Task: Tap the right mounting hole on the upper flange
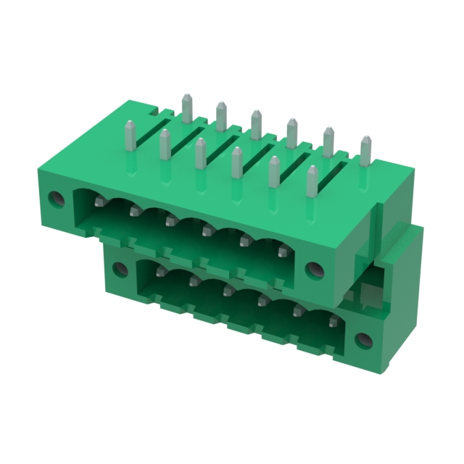tap(315, 270)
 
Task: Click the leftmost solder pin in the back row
tap(186, 108)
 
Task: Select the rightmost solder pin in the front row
tap(312, 181)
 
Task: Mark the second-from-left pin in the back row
tap(220, 116)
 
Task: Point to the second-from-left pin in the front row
tap(165, 145)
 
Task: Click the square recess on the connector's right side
tap(365, 294)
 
